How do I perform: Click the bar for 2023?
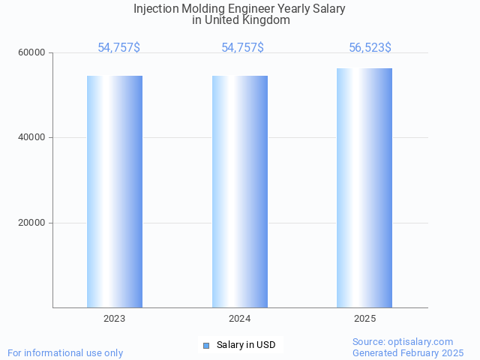tap(115, 191)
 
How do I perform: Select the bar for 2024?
tap(240, 191)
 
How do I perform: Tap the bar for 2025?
tap(364, 187)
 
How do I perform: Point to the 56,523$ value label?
tap(370, 47)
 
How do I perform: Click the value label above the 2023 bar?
tap(118, 47)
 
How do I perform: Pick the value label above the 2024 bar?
tap(242, 47)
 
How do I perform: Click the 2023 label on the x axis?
tap(115, 319)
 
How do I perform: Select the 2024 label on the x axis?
tap(240, 319)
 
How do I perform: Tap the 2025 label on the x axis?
tap(364, 319)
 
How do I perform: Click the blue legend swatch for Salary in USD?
tap(206, 345)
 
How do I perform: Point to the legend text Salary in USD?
tap(246, 345)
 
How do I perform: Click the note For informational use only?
tap(65, 352)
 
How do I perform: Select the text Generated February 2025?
tap(408, 352)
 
